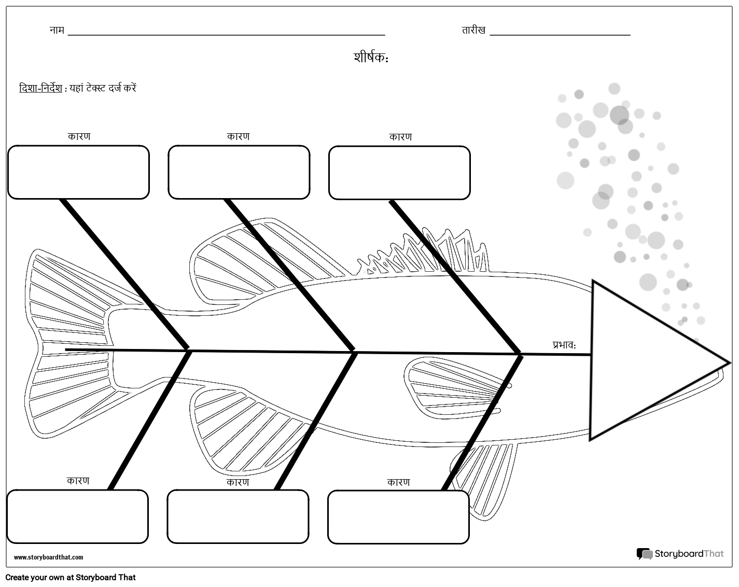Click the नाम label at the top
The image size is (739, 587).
click(57, 30)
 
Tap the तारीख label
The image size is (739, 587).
click(473, 30)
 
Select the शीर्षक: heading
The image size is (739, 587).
click(371, 58)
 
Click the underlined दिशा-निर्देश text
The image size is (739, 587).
click(40, 88)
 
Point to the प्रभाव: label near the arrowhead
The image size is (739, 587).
click(564, 344)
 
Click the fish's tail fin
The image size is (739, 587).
click(68, 343)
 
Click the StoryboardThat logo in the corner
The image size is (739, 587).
click(680, 554)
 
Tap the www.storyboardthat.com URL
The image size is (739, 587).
click(48, 557)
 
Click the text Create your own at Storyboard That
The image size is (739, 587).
click(71, 577)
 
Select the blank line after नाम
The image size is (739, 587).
click(226, 35)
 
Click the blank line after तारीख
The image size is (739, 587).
click(560, 35)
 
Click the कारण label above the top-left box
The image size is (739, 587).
click(79, 136)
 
